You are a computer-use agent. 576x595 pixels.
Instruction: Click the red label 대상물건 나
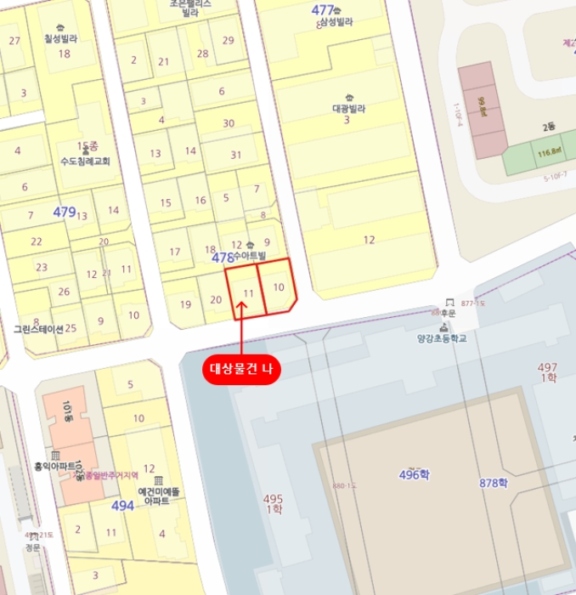(241, 369)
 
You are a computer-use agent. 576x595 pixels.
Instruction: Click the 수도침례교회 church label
(85, 161)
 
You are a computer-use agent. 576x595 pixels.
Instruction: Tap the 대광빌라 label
(347, 109)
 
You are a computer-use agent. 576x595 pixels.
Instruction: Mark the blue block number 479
(64, 212)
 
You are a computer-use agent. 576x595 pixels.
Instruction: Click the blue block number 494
(122, 506)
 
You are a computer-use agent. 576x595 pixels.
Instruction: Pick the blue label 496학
(415, 474)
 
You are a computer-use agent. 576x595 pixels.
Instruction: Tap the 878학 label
(493, 483)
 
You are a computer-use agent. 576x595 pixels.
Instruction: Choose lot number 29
(228, 40)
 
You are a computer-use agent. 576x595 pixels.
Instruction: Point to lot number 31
(236, 155)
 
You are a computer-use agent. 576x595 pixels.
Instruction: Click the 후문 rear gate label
(447, 313)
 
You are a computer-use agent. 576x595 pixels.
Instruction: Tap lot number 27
(14, 40)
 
